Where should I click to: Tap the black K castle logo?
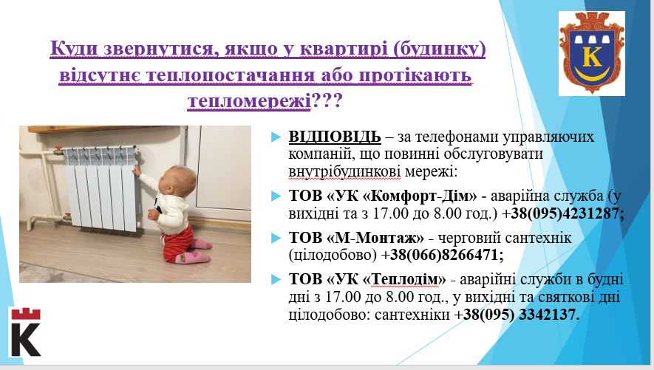click(26, 332)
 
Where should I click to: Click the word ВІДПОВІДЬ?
click(335, 137)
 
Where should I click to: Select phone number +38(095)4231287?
click(562, 213)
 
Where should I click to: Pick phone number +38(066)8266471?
click(442, 255)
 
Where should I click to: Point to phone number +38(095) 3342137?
click(517, 314)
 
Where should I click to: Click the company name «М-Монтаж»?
click(375, 238)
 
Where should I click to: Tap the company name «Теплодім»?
click(403, 279)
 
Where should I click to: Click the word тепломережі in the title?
click(249, 100)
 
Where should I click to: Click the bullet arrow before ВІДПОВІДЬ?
click(276, 137)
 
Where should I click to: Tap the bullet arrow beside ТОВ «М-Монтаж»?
click(276, 238)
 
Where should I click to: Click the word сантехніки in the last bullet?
click(412, 315)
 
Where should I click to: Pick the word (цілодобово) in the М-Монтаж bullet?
click(333, 255)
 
